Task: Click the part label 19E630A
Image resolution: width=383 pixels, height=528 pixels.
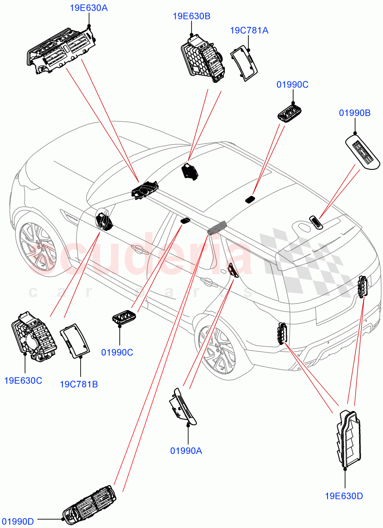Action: click(x=88, y=7)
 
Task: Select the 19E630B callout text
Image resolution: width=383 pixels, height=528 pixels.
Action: click(x=191, y=16)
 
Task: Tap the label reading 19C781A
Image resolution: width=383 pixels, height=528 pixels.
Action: click(x=249, y=30)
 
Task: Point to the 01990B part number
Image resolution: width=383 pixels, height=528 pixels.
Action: click(x=354, y=113)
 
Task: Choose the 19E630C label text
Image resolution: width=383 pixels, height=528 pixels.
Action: click(x=23, y=381)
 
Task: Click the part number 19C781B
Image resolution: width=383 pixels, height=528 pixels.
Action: click(x=79, y=385)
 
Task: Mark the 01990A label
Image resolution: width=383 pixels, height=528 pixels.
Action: click(x=186, y=451)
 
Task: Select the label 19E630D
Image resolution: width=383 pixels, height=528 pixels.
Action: click(x=344, y=496)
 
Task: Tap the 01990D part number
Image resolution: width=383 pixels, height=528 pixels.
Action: click(x=17, y=521)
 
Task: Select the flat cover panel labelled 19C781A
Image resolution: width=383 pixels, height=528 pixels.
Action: click(x=244, y=64)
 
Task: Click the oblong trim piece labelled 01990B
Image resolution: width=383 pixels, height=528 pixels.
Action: click(x=362, y=151)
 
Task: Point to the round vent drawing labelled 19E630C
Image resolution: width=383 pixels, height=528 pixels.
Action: click(x=33, y=337)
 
